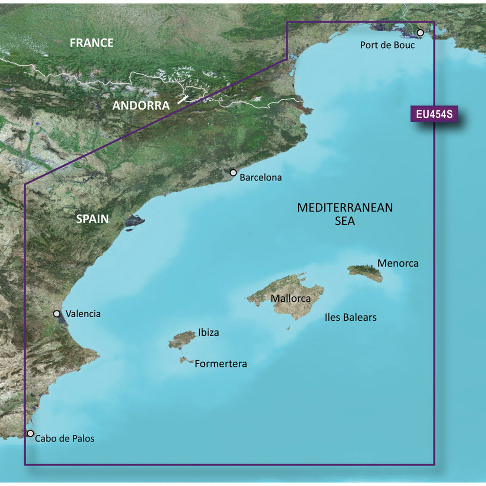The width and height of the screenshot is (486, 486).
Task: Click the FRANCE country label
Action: pyautogui.click(x=92, y=43)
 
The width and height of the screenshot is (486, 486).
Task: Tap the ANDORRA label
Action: pyautogui.click(x=141, y=106)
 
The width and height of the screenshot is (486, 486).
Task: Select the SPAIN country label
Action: pyautogui.click(x=93, y=219)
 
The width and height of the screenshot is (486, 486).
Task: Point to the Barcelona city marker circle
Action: pyautogui.click(x=233, y=173)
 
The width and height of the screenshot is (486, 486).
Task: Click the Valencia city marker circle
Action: pyautogui.click(x=57, y=314)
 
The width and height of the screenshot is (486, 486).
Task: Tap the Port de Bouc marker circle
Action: pyautogui.click(x=421, y=33)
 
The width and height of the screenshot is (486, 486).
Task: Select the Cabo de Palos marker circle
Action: pyautogui.click(x=30, y=433)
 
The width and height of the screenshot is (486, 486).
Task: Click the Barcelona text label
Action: pyautogui.click(x=261, y=178)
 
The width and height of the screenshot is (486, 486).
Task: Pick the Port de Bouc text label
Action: pyautogui.click(x=387, y=45)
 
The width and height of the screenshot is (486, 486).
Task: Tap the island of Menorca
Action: pyautogui.click(x=364, y=273)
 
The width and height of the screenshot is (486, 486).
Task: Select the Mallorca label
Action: pyautogui.click(x=291, y=298)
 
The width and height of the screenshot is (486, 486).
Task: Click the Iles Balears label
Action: pyautogui.click(x=350, y=317)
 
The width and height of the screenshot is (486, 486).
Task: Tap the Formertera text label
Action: pyautogui.click(x=221, y=364)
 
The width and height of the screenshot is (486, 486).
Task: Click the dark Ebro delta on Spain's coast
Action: pyautogui.click(x=134, y=221)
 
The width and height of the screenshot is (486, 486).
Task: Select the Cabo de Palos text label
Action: pyautogui.click(x=64, y=438)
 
